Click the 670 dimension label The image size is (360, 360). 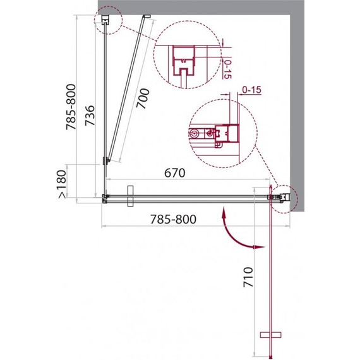(175, 172)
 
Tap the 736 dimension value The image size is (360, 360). (90, 116)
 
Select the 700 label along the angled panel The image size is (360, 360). (143, 99)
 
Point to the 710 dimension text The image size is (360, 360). (248, 277)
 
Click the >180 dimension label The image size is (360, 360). (62, 184)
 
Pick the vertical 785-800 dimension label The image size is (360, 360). (71, 107)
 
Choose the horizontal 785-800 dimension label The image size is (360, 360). (173, 219)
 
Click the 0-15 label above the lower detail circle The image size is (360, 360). (252, 90)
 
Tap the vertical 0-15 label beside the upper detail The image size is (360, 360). (227, 69)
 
